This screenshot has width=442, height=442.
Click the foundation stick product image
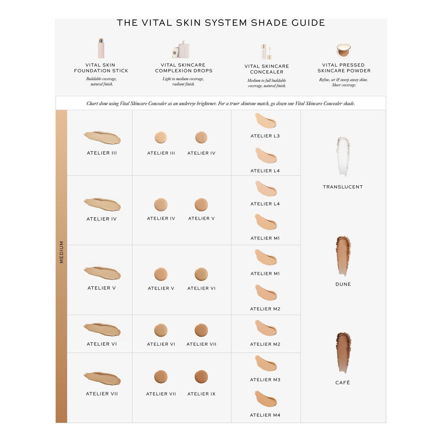[x=101, y=48]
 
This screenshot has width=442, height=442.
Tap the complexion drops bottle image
[x=181, y=49]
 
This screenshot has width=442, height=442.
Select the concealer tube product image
[x=266, y=52]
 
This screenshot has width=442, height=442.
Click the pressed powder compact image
[x=344, y=51]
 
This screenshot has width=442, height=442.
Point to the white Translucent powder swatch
[x=343, y=156]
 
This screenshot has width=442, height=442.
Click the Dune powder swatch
[x=343, y=255]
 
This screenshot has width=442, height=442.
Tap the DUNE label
[x=343, y=284]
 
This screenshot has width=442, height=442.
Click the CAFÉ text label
[x=343, y=382]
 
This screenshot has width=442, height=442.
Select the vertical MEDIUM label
[x=61, y=252]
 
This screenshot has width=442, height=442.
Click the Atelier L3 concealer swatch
[x=265, y=120]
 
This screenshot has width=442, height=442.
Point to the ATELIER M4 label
[x=265, y=415]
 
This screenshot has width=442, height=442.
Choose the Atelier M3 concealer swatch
[x=265, y=363]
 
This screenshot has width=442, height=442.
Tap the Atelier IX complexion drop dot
[x=201, y=377]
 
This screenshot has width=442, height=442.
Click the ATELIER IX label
[x=202, y=394]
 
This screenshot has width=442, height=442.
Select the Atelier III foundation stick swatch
[x=102, y=138]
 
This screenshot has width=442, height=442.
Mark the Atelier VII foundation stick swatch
[x=102, y=378]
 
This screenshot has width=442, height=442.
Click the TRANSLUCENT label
[x=343, y=187]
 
